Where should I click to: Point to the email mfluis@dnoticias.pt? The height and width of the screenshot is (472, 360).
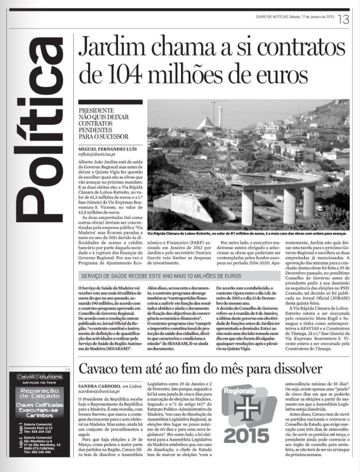tap(97, 155)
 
